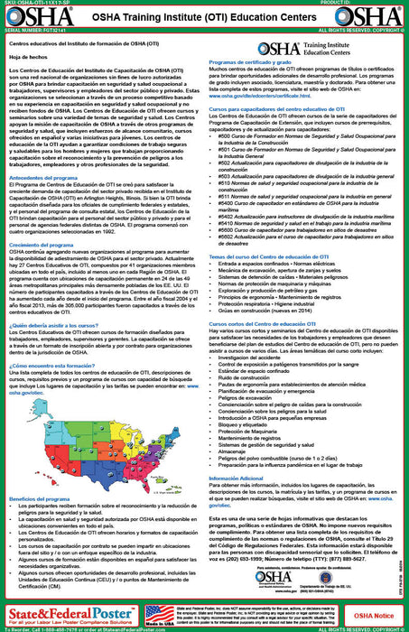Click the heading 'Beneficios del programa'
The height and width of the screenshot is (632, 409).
[44, 498]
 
